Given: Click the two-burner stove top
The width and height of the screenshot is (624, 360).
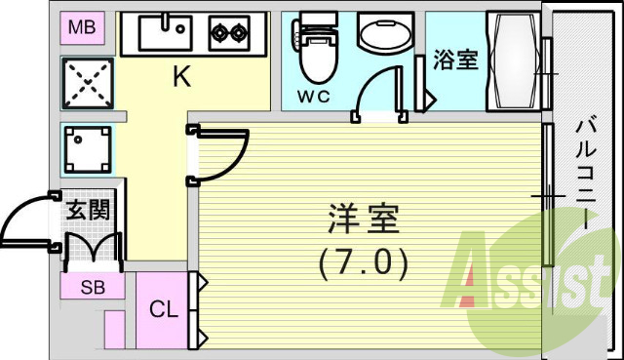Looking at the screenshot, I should (229, 35).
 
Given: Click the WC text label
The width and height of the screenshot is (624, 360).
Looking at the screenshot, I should (314, 98).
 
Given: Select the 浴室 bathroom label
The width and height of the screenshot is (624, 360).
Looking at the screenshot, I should (454, 60).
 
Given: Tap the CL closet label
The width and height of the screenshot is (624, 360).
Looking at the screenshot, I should (163, 311).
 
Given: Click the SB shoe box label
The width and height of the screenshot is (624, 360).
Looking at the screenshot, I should (93, 287).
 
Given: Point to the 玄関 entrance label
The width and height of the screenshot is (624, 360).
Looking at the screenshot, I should (88, 209).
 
